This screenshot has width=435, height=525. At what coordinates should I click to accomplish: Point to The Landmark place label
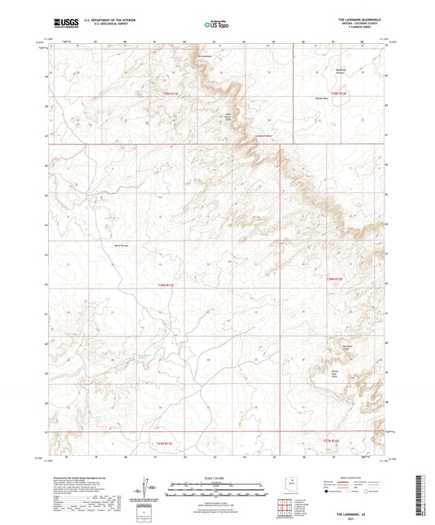pyautogui.click(x=205, y=56)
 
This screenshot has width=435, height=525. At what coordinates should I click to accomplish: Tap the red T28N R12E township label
pyautogui.click(x=335, y=279)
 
